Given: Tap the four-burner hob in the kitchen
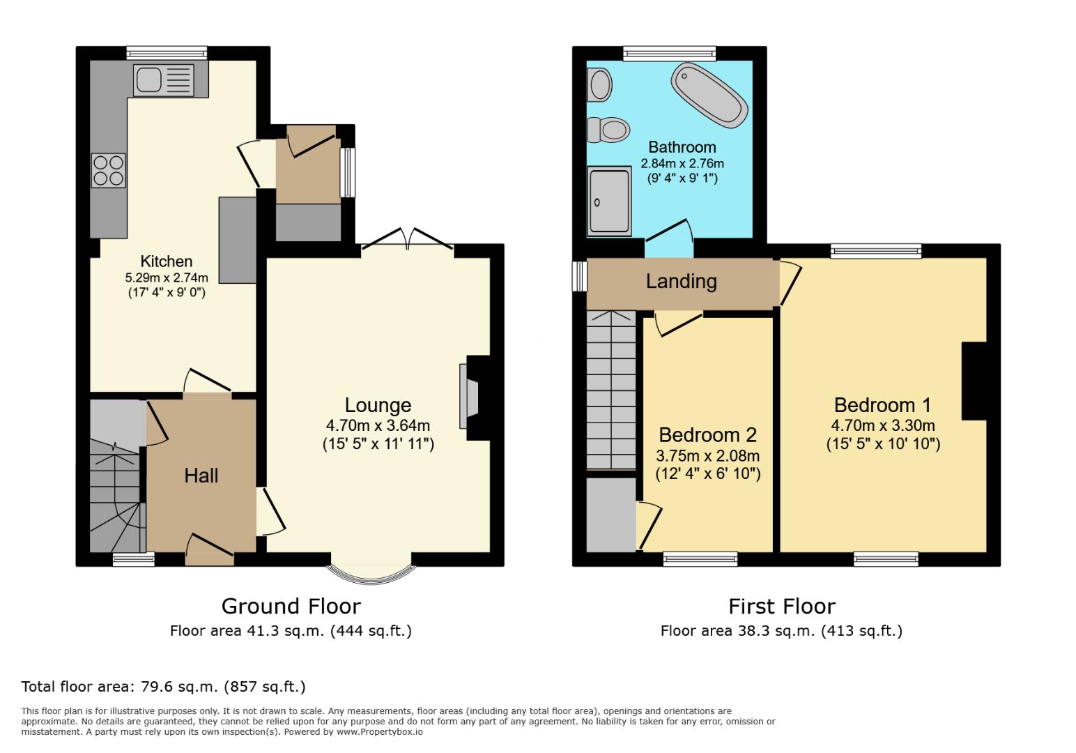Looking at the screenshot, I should (x=109, y=170).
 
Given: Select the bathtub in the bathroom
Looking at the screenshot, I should (x=709, y=95).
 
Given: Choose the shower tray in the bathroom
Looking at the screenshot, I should (x=610, y=201).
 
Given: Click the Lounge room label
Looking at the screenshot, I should (x=378, y=405).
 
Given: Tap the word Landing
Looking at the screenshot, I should (x=681, y=282).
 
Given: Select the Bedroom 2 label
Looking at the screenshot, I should (x=707, y=435).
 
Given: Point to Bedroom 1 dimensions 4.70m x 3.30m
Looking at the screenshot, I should (x=882, y=425).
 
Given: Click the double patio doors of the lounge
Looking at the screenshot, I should (x=408, y=239).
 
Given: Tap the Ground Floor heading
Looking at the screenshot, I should (x=291, y=606).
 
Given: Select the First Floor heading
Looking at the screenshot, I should (x=781, y=606).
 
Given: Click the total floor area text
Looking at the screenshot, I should (x=164, y=687).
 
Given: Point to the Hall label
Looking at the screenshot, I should (x=201, y=476).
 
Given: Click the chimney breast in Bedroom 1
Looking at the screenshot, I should (x=974, y=381).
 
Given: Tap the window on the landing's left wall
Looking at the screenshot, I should (x=578, y=276).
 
